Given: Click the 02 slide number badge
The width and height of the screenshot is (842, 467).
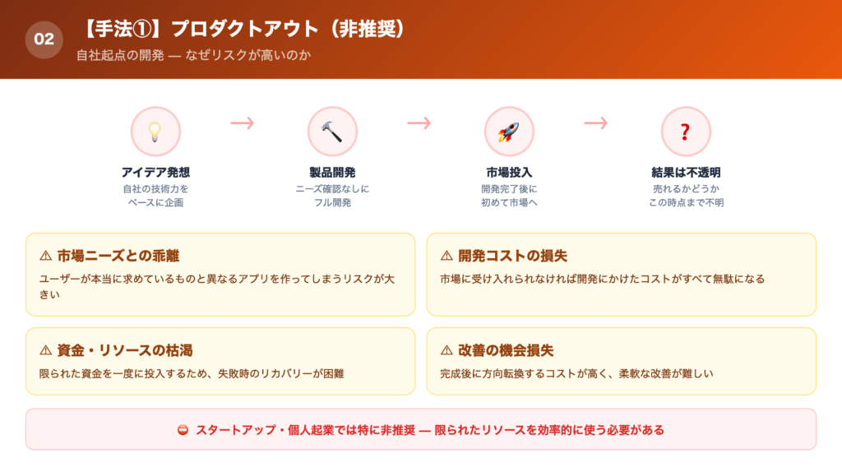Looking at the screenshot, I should pyautogui.click(x=44, y=39).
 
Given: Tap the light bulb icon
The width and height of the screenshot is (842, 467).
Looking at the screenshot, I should pyautogui.click(x=155, y=132).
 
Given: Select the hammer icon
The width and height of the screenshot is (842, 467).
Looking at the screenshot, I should pyautogui.click(x=332, y=132).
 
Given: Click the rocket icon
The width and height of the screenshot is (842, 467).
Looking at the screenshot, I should pyautogui.click(x=509, y=132).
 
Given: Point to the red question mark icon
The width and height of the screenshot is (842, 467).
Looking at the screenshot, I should pyautogui.click(x=686, y=132).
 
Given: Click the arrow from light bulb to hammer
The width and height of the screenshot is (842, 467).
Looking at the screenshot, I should pyautogui.click(x=243, y=123).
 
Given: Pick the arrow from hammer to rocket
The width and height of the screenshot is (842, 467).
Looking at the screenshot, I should pyautogui.click(x=419, y=123).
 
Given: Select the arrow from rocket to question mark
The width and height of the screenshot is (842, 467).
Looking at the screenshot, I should pyautogui.click(x=596, y=123).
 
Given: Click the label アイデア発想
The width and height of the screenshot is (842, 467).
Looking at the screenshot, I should pyautogui.click(x=155, y=173).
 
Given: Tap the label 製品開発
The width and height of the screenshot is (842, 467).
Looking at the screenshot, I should pyautogui.click(x=332, y=173).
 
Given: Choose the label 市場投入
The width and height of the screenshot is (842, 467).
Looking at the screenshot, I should pyautogui.click(x=509, y=173).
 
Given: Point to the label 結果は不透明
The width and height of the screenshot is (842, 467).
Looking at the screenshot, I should pyautogui.click(x=686, y=173).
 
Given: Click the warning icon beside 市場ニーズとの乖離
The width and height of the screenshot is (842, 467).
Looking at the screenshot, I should pyautogui.click(x=46, y=256).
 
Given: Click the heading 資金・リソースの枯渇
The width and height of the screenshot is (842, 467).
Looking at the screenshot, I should pyautogui.click(x=125, y=350).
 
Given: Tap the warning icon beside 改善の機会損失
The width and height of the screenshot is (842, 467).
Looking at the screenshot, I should pyautogui.click(x=446, y=350).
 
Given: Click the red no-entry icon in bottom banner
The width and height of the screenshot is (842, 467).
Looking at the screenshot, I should pyautogui.click(x=183, y=430).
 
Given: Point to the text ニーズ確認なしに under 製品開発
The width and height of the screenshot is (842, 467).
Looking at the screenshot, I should pyautogui.click(x=332, y=189).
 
